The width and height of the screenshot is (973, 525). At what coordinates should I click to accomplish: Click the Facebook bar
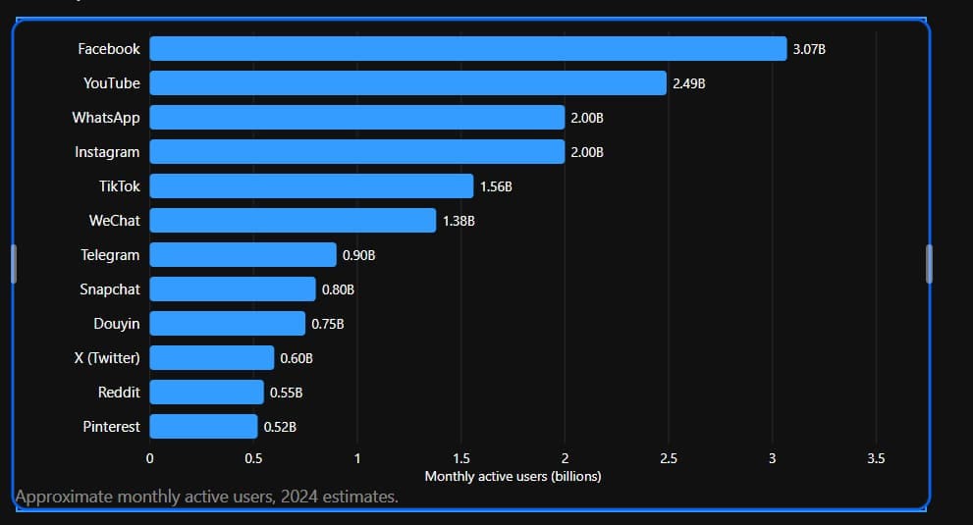pyautogui.click(x=468, y=48)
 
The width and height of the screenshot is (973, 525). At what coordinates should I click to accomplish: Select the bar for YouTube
pyautogui.click(x=407, y=83)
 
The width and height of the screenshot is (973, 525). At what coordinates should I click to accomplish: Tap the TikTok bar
pyautogui.click(x=311, y=186)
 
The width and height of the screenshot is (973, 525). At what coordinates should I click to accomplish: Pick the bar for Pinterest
pyautogui.click(x=203, y=426)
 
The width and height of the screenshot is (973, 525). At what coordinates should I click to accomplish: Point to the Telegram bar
pyautogui.click(x=243, y=255)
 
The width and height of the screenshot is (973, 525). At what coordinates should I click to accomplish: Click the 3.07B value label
pyautogui.click(x=809, y=49)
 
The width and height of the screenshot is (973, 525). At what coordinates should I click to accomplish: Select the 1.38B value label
pyautogui.click(x=459, y=221)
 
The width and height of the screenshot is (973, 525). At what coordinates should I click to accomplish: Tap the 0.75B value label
pyautogui.click(x=328, y=324)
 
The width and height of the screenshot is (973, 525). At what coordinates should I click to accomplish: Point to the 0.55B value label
pyautogui.click(x=286, y=393)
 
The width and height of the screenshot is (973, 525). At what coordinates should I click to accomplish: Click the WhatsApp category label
pyautogui.click(x=106, y=118)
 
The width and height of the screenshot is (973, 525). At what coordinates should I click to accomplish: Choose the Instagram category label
pyautogui.click(x=107, y=153)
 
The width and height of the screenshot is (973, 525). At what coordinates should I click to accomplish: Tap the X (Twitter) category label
pyautogui.click(x=107, y=358)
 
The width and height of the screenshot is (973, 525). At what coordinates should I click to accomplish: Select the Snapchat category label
pyautogui.click(x=110, y=289)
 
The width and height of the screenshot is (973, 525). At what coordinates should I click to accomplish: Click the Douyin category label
pyautogui.click(x=117, y=324)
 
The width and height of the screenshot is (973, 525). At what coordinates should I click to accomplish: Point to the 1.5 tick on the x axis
pyautogui.click(x=461, y=458)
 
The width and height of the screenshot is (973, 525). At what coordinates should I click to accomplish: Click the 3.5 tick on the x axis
pyautogui.click(x=876, y=458)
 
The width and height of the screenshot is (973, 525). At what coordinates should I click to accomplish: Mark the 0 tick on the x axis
pyautogui.click(x=149, y=458)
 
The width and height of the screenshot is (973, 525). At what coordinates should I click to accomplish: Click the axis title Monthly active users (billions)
pyautogui.click(x=514, y=477)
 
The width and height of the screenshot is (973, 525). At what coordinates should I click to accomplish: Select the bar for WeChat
pyautogui.click(x=293, y=220)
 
